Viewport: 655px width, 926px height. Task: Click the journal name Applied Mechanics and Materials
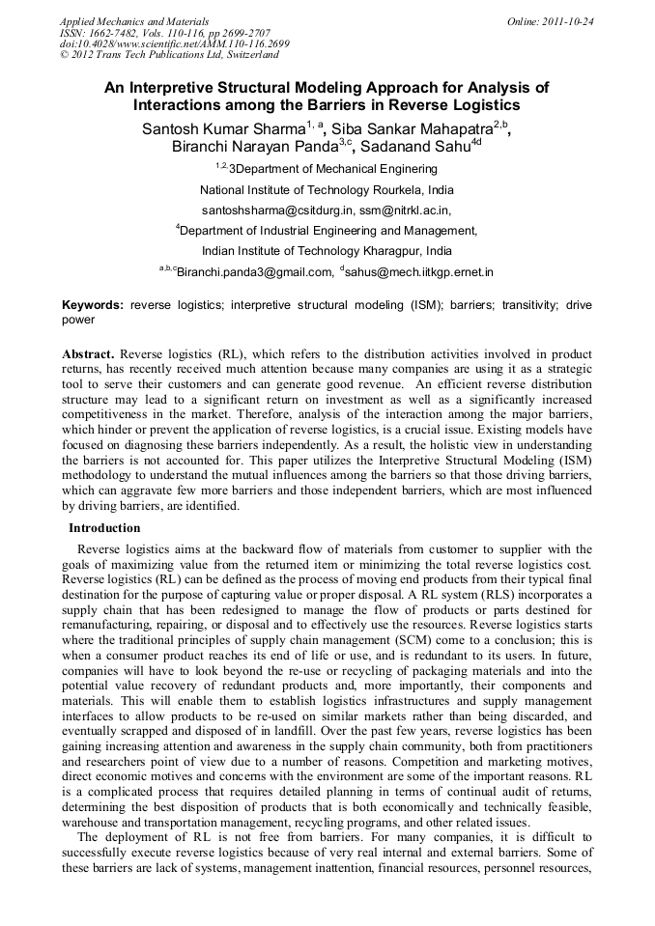point(134,21)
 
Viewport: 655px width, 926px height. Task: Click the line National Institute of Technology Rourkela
point(326,189)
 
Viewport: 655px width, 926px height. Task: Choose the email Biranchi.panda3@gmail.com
point(255,272)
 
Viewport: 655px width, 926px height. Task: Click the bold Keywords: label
point(93,305)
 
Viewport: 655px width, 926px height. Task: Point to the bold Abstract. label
point(88,354)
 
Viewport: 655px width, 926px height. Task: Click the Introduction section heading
point(103,528)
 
